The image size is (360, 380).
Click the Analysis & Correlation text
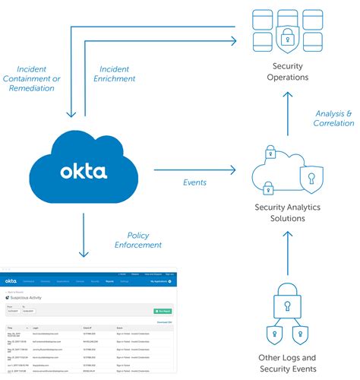click(333, 119)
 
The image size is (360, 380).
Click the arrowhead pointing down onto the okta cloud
click(70, 115)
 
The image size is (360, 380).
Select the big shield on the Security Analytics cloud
click(310, 179)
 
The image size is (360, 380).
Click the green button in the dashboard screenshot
click(163, 311)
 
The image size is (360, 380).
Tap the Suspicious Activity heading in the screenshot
click(24, 299)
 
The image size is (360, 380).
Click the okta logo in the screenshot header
click(11, 280)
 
